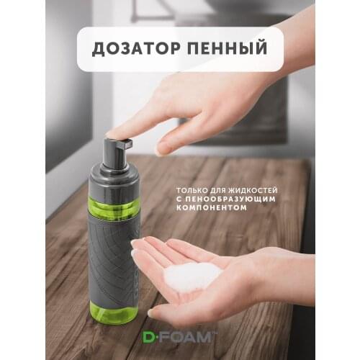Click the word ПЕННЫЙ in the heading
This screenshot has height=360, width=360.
(225, 49)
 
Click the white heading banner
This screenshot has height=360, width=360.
(180, 49)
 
